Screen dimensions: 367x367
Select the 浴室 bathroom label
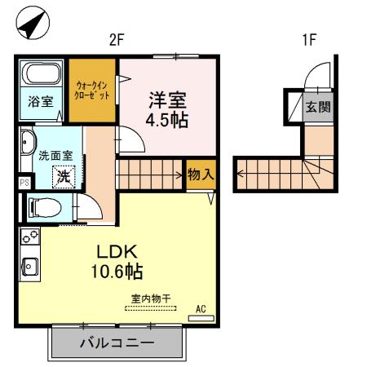[41, 102]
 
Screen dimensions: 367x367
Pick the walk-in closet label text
[91, 90]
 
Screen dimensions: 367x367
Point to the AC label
[201, 309]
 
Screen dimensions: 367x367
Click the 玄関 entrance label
[316, 107]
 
